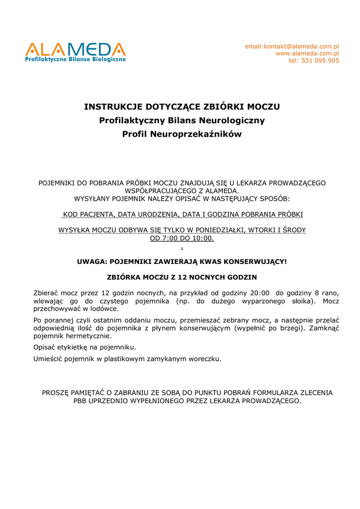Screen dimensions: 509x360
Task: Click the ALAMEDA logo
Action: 76,50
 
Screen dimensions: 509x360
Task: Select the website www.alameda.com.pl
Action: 307,53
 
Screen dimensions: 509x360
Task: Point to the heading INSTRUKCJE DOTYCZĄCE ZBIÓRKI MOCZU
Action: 182,106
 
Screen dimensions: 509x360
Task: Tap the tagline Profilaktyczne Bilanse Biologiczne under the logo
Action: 76,59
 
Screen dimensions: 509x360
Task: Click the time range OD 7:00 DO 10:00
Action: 182,238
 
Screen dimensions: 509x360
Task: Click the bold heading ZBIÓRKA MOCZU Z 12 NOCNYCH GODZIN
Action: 182,277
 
